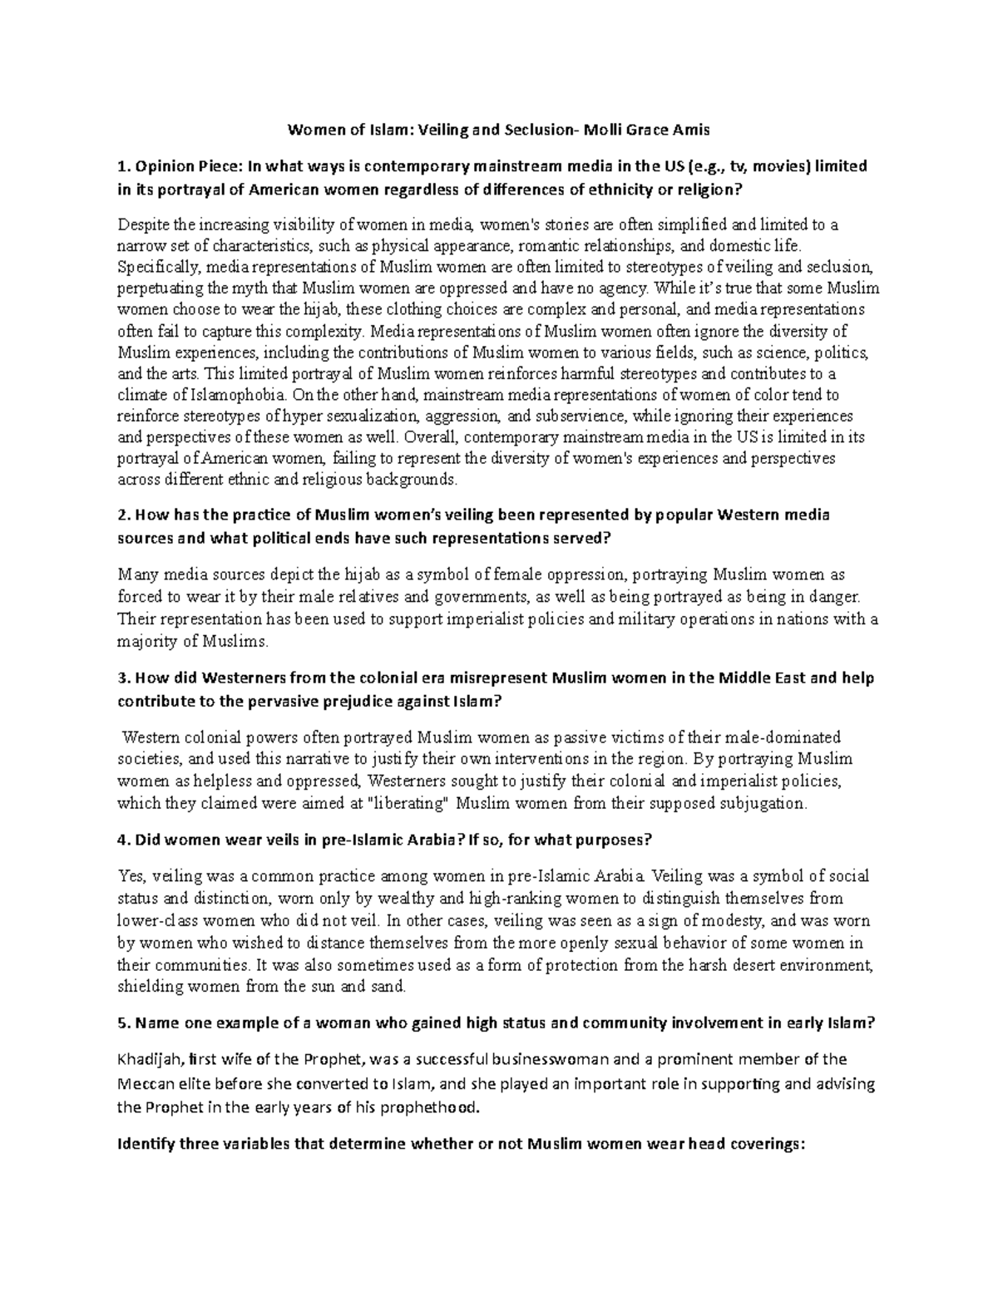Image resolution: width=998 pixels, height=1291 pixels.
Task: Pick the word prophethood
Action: tap(436, 1108)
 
